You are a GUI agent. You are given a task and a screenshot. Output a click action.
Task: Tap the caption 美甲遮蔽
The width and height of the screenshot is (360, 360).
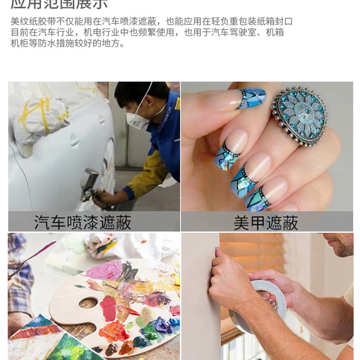click(x=265, y=222)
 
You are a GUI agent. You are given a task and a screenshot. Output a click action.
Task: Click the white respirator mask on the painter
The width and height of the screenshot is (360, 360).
click(x=135, y=120)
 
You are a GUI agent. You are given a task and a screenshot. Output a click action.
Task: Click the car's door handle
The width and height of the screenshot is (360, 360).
click(x=74, y=139)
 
